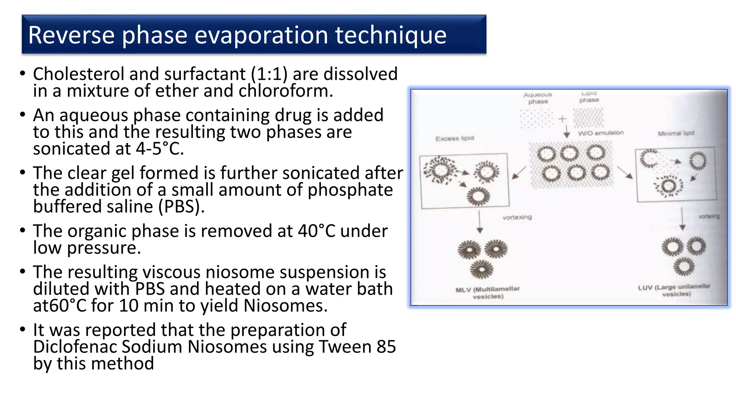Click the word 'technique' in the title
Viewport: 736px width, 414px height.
click(391, 35)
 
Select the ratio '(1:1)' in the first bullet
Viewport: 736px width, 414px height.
click(269, 74)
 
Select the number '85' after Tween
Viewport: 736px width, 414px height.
click(386, 347)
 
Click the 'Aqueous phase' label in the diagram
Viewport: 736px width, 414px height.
click(538, 98)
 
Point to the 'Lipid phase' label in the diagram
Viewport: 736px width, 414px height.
click(589, 97)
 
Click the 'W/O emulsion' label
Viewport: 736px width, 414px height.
click(601, 133)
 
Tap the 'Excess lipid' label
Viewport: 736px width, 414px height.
click(455, 138)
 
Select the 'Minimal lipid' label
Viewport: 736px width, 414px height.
click(676, 133)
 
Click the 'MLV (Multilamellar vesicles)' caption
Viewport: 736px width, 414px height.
click(488, 293)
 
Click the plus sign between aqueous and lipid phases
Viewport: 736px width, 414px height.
click(562, 119)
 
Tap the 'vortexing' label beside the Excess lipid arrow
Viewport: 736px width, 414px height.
click(517, 217)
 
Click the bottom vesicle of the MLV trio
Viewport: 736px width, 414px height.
click(482, 270)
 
